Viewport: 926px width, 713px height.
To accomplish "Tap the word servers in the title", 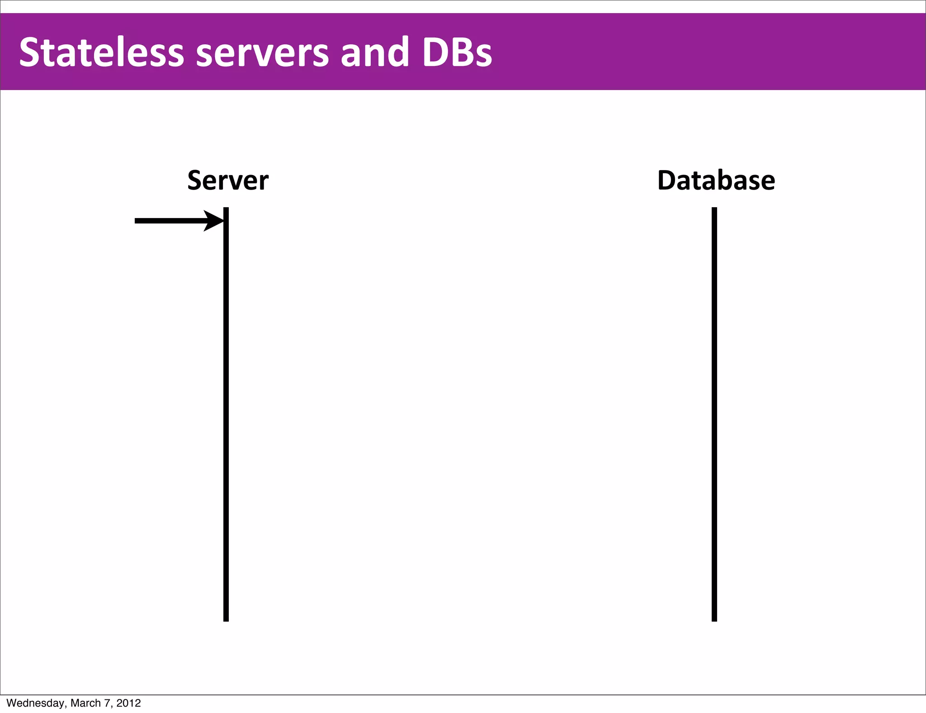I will tap(262, 52).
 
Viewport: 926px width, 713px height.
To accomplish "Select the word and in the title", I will tap(374, 52).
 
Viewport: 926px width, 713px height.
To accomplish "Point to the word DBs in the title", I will tap(457, 52).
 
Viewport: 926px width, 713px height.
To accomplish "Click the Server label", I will tap(228, 181).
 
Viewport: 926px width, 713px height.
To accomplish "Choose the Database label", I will tap(716, 181).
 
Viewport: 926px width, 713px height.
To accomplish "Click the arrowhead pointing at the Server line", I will tap(214, 221).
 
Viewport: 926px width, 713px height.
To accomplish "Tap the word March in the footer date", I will tap(85, 703).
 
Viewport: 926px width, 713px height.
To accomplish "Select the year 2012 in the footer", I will tap(128, 703).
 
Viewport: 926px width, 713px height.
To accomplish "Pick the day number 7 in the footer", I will tap(108, 703).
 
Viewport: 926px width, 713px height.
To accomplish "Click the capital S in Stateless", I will tap(30, 52).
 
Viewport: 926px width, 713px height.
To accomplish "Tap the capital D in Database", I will tap(667, 181).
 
